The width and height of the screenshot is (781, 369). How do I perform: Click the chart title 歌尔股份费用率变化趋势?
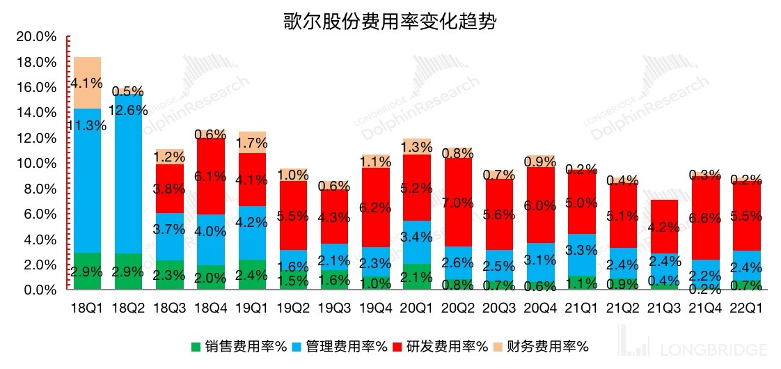390,21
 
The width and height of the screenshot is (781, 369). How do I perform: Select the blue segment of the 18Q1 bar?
87,180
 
